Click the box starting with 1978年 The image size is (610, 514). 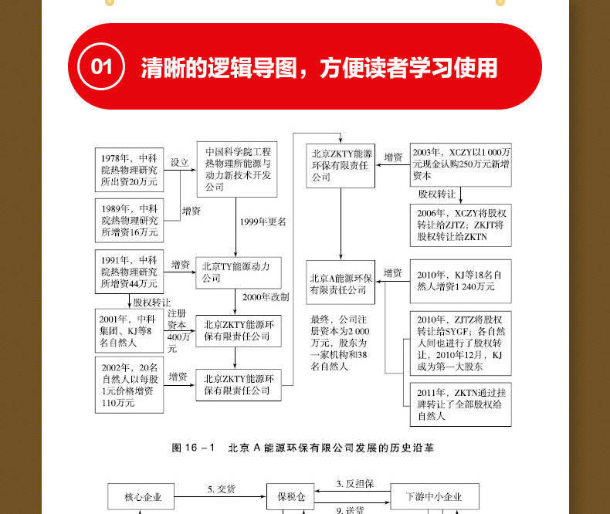pyautogui.click(x=128, y=169)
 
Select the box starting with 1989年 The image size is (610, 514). pyautogui.click(x=128, y=220)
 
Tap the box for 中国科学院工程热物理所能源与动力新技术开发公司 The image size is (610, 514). pyautogui.click(x=238, y=170)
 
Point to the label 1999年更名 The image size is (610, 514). pyautogui.click(x=263, y=221)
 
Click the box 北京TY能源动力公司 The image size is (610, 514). pyautogui.click(x=238, y=272)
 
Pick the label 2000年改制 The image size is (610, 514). pyautogui.click(x=265, y=297)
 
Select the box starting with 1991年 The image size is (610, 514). pyautogui.click(x=128, y=272)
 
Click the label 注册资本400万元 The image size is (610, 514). pyautogui.click(x=178, y=330)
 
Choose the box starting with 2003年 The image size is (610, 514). pyautogui.click(x=460, y=164)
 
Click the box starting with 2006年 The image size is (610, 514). pyautogui.click(x=460, y=225)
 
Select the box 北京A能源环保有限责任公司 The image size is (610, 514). pyautogui.click(x=341, y=283)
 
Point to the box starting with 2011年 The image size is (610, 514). pyautogui.click(x=460, y=405)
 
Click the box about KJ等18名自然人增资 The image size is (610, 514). pyautogui.click(x=460, y=280)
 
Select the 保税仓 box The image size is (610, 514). pyautogui.click(x=287, y=497)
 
